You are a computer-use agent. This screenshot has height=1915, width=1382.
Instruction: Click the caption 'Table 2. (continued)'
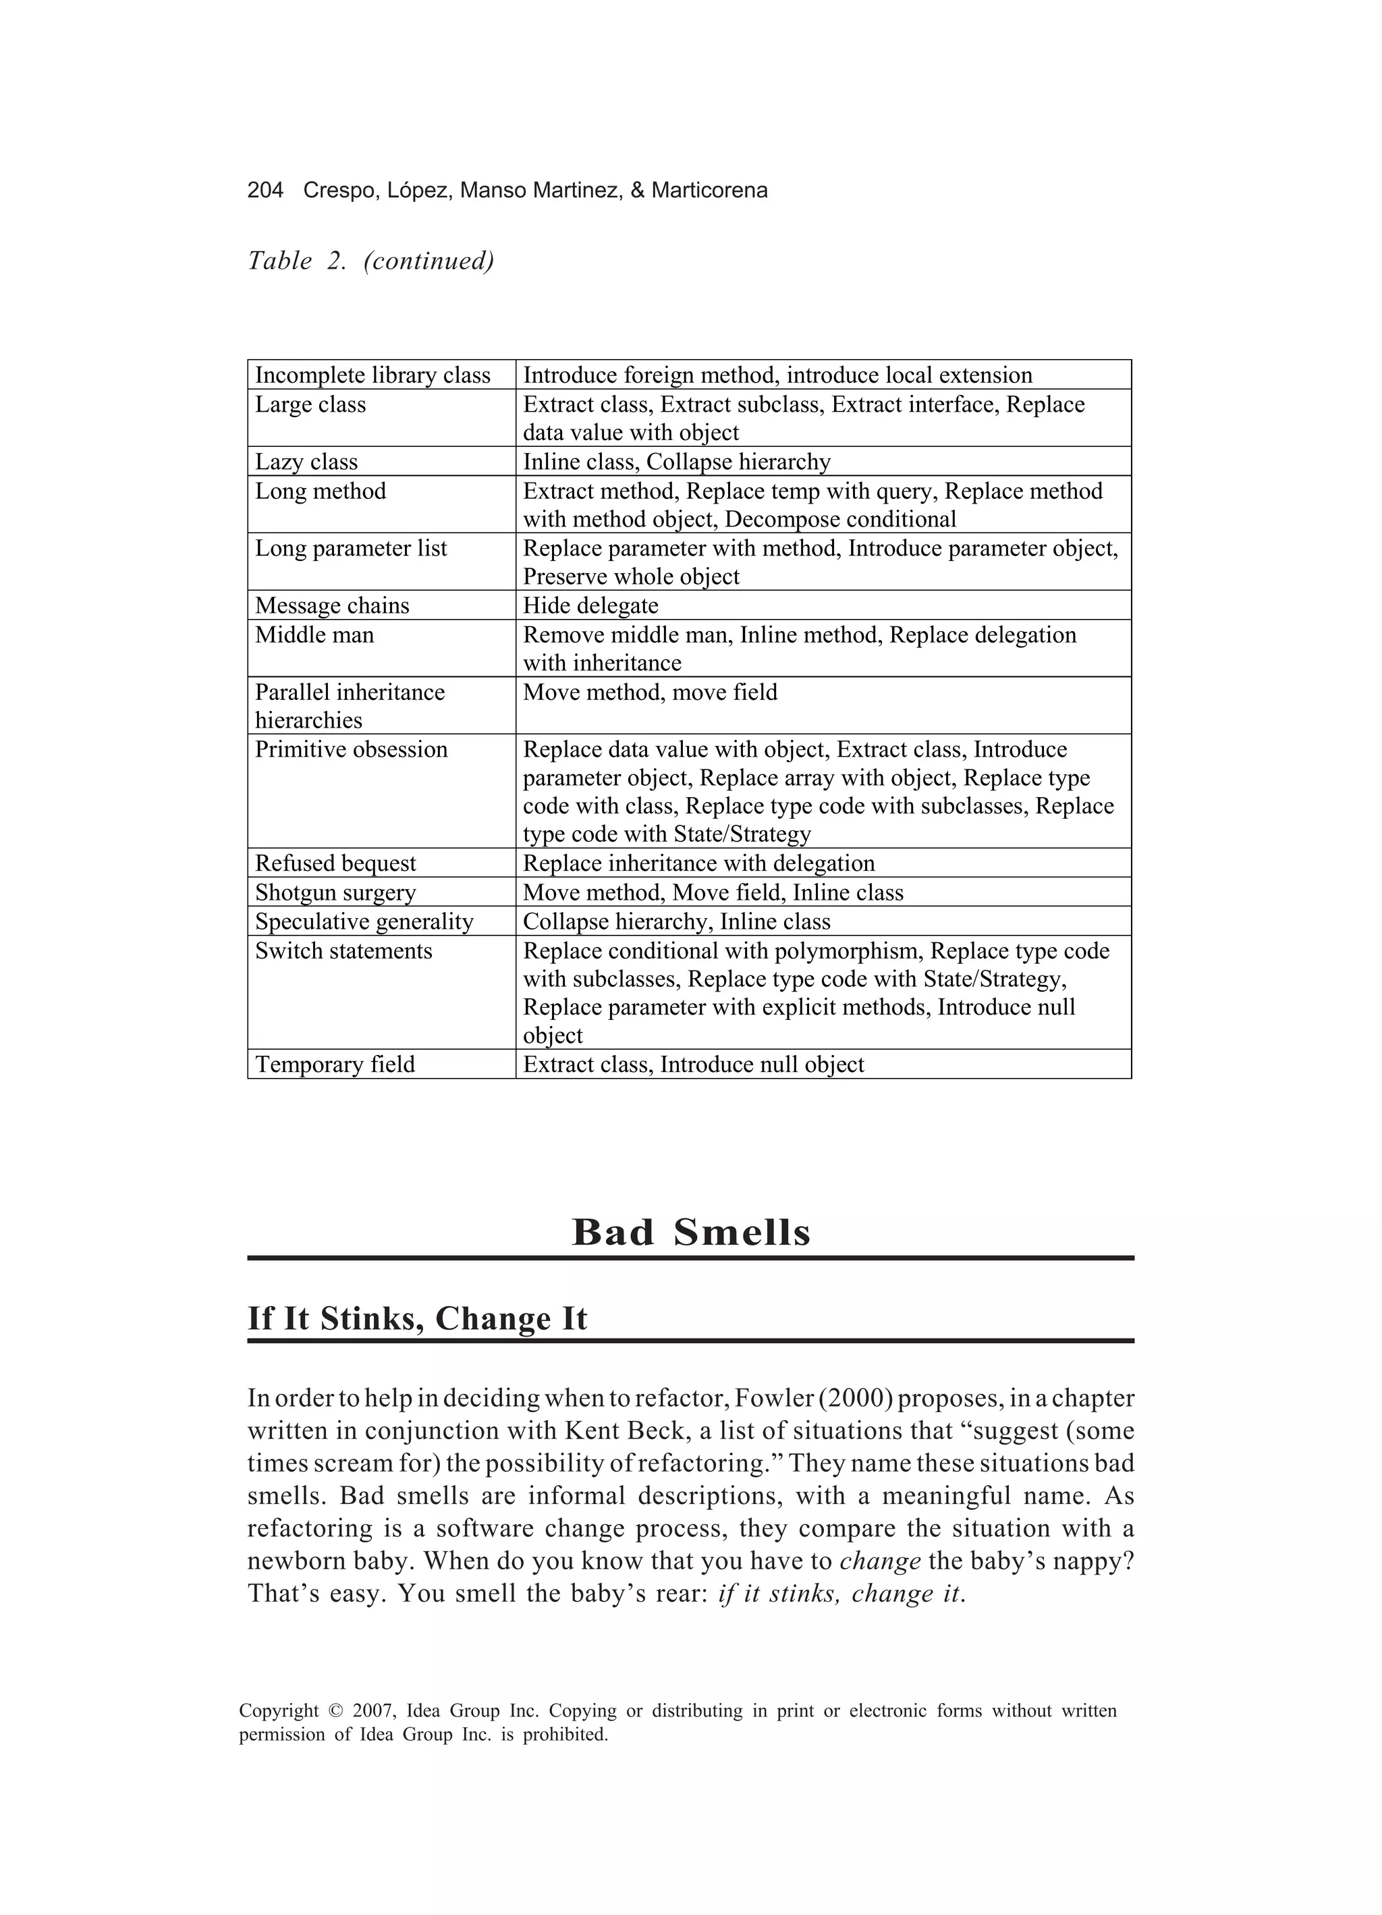370,261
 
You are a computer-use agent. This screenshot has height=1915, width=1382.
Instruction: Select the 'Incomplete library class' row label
372,375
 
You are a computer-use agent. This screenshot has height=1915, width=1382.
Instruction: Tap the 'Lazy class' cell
306,462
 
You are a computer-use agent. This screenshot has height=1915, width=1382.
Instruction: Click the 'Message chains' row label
332,605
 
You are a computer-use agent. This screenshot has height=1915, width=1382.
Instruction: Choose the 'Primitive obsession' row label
351,749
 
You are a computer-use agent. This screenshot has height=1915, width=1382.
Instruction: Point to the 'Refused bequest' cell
335,863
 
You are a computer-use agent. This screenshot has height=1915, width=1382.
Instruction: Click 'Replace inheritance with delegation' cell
698,863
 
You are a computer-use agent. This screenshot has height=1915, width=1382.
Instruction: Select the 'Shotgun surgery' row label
335,892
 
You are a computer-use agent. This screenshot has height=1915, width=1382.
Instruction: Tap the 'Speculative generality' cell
364,921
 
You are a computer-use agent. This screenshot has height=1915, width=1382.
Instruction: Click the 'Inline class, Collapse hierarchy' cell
676,462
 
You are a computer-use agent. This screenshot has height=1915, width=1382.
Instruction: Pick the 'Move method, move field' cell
650,693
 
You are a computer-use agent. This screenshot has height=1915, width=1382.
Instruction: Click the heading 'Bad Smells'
690,1232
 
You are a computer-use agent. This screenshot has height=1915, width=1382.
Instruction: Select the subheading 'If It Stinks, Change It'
417,1318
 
